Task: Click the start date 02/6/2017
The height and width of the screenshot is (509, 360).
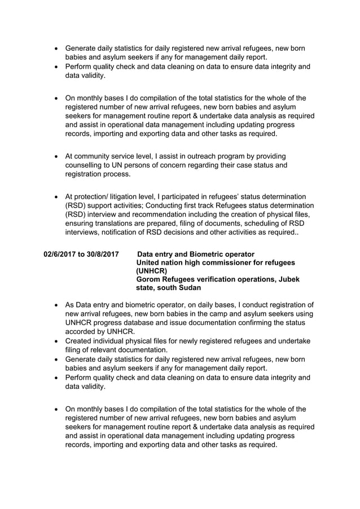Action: [60, 254]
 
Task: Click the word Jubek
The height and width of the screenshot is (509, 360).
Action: [288, 279]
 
